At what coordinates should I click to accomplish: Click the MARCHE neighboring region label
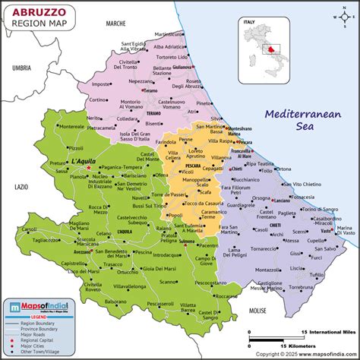(115, 24)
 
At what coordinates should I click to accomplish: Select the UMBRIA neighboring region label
(21, 68)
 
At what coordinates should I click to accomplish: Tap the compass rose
(340, 17)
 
